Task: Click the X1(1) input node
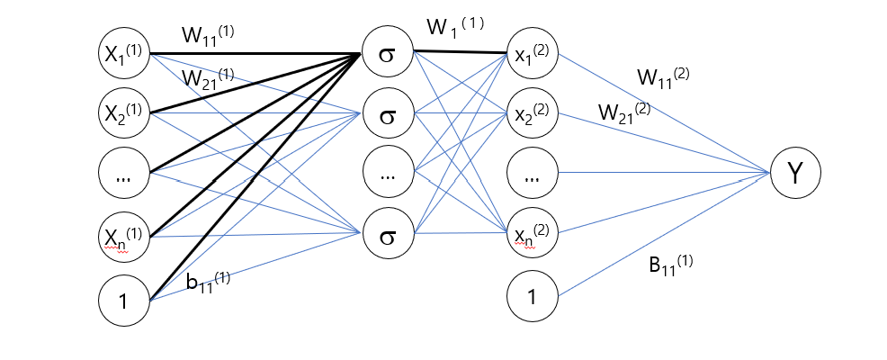tap(124, 53)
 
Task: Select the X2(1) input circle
tap(124, 113)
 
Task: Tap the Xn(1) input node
tap(124, 237)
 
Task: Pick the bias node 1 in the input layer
tap(124, 299)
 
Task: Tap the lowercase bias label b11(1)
tap(208, 282)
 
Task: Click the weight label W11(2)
tap(663, 77)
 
